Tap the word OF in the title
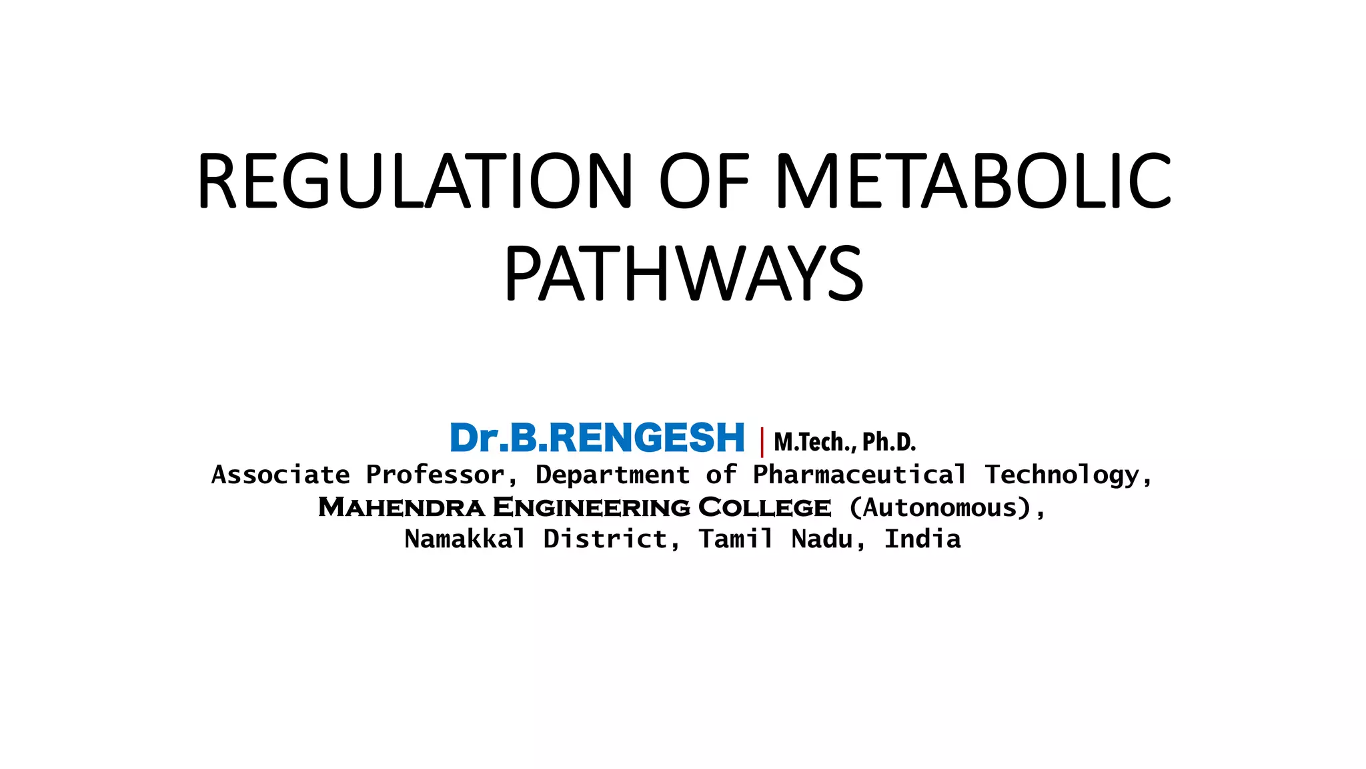tap(704, 182)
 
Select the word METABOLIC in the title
tap(972, 182)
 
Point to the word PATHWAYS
tap(684, 274)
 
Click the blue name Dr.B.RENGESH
tap(597, 439)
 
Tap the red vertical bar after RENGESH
tap(762, 441)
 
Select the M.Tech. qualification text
tap(814, 442)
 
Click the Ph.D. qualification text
tap(889, 442)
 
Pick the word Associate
tap(280, 475)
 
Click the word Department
tap(612, 475)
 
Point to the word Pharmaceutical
tap(859, 475)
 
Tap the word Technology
tap(1067, 475)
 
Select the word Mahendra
tap(402, 507)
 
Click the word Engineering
tap(592, 507)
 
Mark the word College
tap(764, 507)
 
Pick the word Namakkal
tap(465, 539)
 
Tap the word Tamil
tap(736, 539)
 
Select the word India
tap(922, 539)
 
